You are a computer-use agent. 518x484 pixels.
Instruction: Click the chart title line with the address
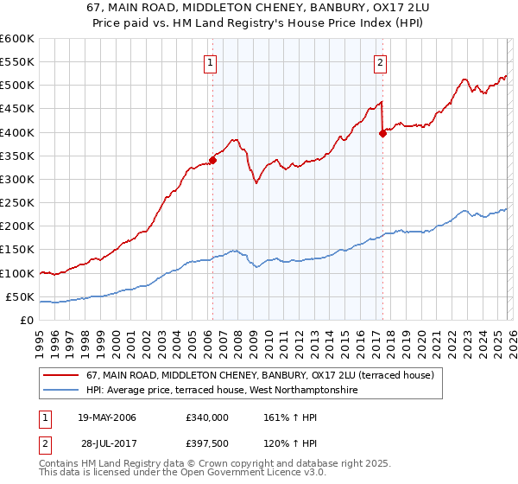tap(259, 9)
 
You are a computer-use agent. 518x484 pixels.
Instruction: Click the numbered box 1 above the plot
tap(212, 61)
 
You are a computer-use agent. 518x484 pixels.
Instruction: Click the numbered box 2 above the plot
tap(381, 61)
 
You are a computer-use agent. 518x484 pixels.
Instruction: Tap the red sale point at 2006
tap(212, 160)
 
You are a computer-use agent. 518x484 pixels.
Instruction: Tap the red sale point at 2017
tap(382, 133)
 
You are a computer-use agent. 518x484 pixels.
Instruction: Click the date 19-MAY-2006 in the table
tap(107, 417)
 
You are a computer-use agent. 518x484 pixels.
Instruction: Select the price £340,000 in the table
tap(207, 417)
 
